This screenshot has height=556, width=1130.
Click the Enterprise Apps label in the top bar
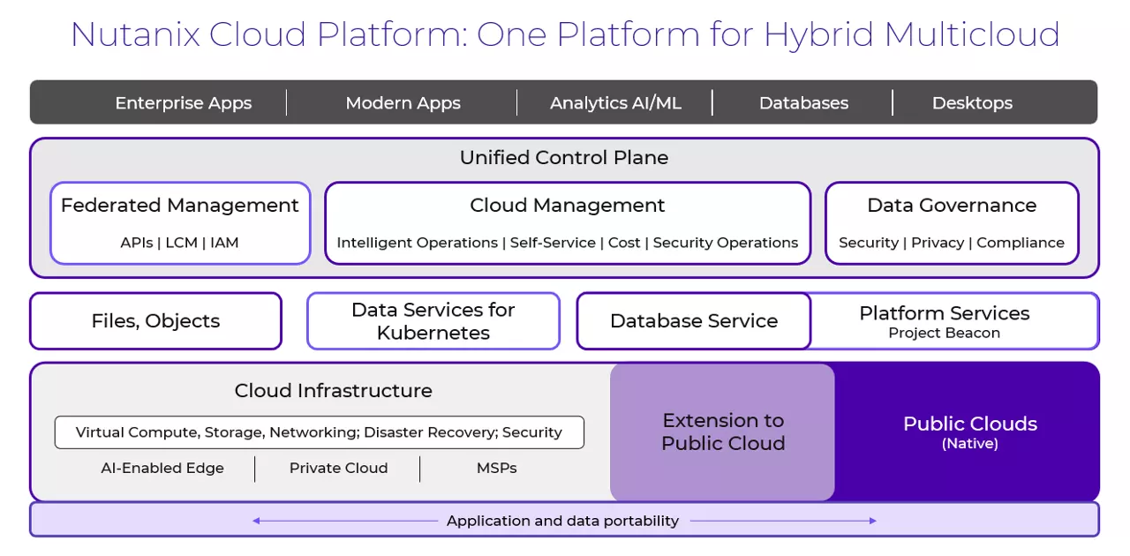click(183, 103)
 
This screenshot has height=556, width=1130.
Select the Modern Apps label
click(403, 103)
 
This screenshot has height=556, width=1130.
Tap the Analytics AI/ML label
click(615, 103)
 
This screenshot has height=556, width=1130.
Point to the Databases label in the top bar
click(803, 103)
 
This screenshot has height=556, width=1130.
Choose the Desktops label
click(972, 103)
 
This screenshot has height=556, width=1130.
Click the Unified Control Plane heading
click(564, 158)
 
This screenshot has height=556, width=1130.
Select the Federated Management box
click(180, 222)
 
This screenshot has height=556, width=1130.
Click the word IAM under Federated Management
click(224, 243)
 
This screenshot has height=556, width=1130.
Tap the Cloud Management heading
click(567, 206)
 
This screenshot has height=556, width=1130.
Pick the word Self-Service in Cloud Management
click(553, 243)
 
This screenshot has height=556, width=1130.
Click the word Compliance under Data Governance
click(1020, 243)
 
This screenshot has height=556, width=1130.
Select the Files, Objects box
click(155, 321)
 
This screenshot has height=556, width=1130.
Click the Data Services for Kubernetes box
click(433, 321)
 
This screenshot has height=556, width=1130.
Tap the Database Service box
click(693, 321)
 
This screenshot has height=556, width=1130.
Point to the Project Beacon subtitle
click(944, 334)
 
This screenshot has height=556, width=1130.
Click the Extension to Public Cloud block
click(722, 432)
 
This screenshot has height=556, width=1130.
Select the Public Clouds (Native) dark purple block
click(969, 432)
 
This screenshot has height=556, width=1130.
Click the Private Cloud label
click(338, 469)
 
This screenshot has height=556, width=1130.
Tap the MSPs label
click(496, 469)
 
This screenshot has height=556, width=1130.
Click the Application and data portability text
click(562, 521)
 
